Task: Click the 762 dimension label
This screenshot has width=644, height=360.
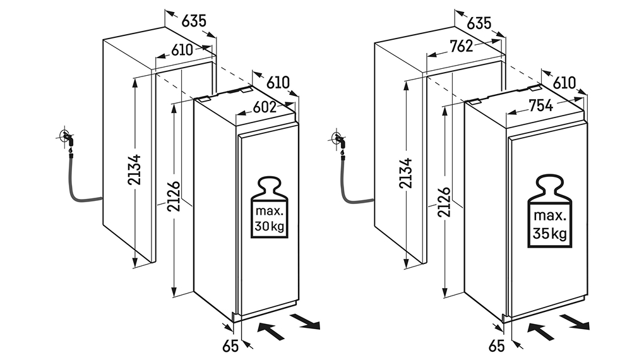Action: [x=462, y=47]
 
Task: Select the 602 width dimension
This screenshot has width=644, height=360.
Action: [x=265, y=107]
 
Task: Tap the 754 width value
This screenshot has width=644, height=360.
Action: [x=541, y=105]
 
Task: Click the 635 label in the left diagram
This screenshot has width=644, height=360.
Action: [x=193, y=21]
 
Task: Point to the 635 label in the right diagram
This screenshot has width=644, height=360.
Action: [x=479, y=23]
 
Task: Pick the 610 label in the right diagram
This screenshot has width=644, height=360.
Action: [x=564, y=83]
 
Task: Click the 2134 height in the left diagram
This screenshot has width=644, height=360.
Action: [x=134, y=170]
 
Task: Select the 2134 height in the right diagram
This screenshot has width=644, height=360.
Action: [x=405, y=172]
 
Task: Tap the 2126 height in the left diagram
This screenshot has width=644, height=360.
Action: [x=174, y=196]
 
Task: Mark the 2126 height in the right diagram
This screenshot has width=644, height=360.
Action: [x=444, y=201]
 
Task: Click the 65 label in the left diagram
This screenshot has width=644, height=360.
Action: [x=230, y=346]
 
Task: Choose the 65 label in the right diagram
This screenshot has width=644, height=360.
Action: [x=496, y=346]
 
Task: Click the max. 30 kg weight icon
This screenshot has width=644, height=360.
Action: [x=270, y=207]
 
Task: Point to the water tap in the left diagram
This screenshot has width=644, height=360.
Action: [x=67, y=138]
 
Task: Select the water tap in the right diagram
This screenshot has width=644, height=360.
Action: [x=339, y=141]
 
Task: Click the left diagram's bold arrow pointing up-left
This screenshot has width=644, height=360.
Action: [x=271, y=330]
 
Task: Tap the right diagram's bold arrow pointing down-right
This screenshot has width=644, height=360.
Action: [x=575, y=321]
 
